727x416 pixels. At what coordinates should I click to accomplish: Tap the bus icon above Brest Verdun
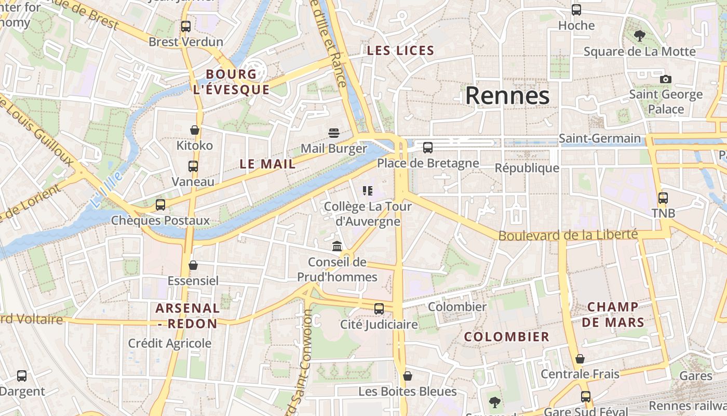click(185, 26)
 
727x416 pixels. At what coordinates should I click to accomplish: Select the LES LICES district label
click(400, 50)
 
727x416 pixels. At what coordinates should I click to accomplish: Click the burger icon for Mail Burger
click(333, 133)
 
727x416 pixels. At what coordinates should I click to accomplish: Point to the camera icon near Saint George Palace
click(665, 79)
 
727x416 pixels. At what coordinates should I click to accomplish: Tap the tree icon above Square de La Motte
click(639, 36)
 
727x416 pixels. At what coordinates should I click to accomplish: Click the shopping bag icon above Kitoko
click(195, 129)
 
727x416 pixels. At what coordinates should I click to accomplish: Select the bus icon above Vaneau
click(193, 166)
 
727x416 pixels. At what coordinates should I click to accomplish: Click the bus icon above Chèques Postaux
click(160, 204)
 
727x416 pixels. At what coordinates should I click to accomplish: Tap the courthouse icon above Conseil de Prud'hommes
click(337, 246)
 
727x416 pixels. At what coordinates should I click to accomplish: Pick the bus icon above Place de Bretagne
click(427, 147)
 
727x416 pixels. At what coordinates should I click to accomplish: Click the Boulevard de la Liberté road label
click(568, 235)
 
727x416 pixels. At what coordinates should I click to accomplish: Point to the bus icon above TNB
click(663, 198)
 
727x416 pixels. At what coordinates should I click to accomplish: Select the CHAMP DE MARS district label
click(613, 315)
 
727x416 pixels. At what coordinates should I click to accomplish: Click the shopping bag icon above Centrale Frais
click(580, 359)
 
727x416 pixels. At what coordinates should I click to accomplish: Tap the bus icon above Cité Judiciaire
click(379, 308)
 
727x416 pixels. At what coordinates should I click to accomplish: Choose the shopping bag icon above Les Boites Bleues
click(408, 375)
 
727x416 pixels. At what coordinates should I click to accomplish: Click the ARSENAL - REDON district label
click(187, 316)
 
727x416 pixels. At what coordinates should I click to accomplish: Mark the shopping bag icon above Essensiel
click(193, 265)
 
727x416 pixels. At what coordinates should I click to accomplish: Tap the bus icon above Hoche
click(576, 9)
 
